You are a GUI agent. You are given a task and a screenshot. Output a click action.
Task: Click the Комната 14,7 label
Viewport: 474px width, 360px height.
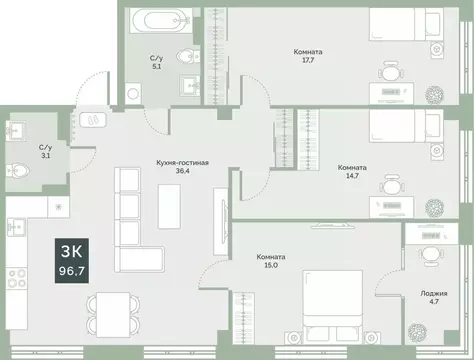coord(352,172)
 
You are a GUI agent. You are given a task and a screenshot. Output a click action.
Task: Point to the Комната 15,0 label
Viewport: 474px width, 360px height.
coord(270,261)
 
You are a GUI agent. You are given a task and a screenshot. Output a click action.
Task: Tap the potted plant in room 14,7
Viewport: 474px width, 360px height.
coord(434,208)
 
